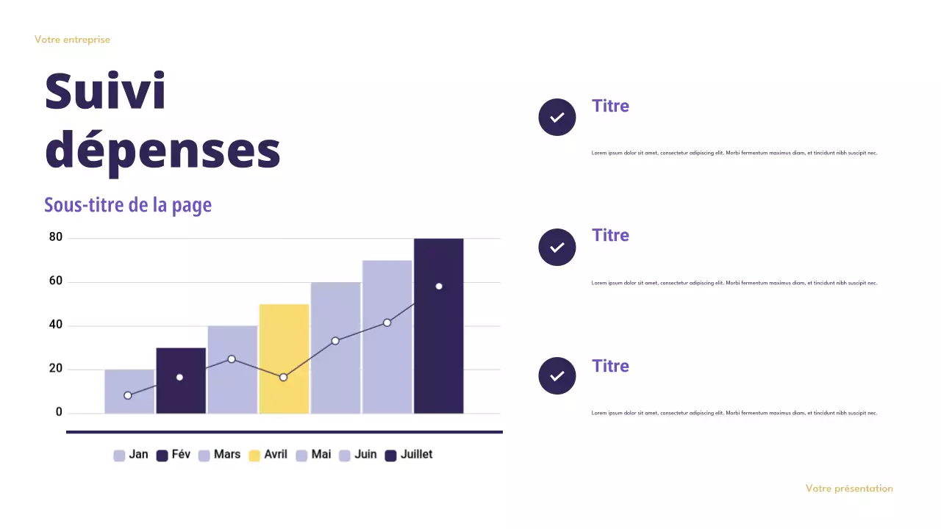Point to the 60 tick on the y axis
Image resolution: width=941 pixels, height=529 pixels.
pos(56,281)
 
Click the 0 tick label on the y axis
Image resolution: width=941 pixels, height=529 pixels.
pos(59,412)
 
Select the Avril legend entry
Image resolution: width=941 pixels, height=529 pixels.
pos(268,455)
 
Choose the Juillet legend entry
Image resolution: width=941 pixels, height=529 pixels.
pos(409,455)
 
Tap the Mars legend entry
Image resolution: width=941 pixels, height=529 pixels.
pos(220,455)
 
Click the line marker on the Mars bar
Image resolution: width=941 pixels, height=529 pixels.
pos(232,359)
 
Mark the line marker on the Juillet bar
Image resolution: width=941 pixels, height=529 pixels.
pos(439,286)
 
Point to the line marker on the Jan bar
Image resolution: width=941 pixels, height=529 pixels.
pos(128,395)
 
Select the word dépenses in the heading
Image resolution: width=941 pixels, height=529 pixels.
pos(162,150)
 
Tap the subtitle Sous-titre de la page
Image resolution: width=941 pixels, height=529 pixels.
pos(128,205)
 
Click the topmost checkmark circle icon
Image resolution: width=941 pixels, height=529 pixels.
pos(557,117)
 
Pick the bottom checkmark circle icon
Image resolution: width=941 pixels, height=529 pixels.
pos(557,376)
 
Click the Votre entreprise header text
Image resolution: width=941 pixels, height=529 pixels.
pos(72,40)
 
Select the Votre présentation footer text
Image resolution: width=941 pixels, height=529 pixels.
pos(849,489)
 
